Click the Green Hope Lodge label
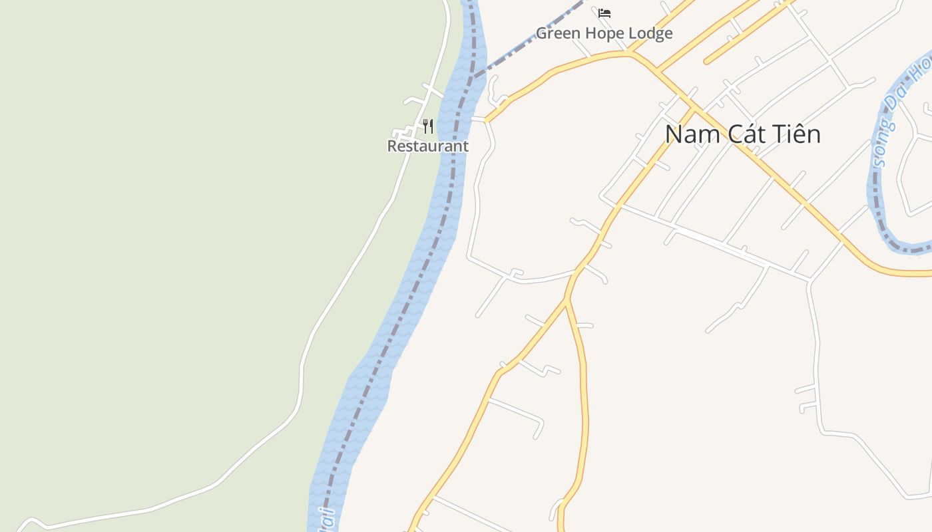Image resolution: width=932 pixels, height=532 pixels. pyautogui.click(x=604, y=33)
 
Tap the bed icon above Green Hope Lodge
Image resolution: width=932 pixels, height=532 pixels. pyautogui.click(x=604, y=13)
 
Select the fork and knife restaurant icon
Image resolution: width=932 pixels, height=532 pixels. pyautogui.click(x=428, y=126)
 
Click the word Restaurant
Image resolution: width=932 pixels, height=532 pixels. pyautogui.click(x=428, y=146)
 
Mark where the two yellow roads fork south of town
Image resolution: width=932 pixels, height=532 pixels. pyautogui.click(x=567, y=301)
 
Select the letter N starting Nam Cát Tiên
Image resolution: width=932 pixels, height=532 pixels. pyautogui.click(x=674, y=134)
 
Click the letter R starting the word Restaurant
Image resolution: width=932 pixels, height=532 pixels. pyautogui.click(x=392, y=146)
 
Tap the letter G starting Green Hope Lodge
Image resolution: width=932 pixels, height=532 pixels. pyautogui.click(x=541, y=33)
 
